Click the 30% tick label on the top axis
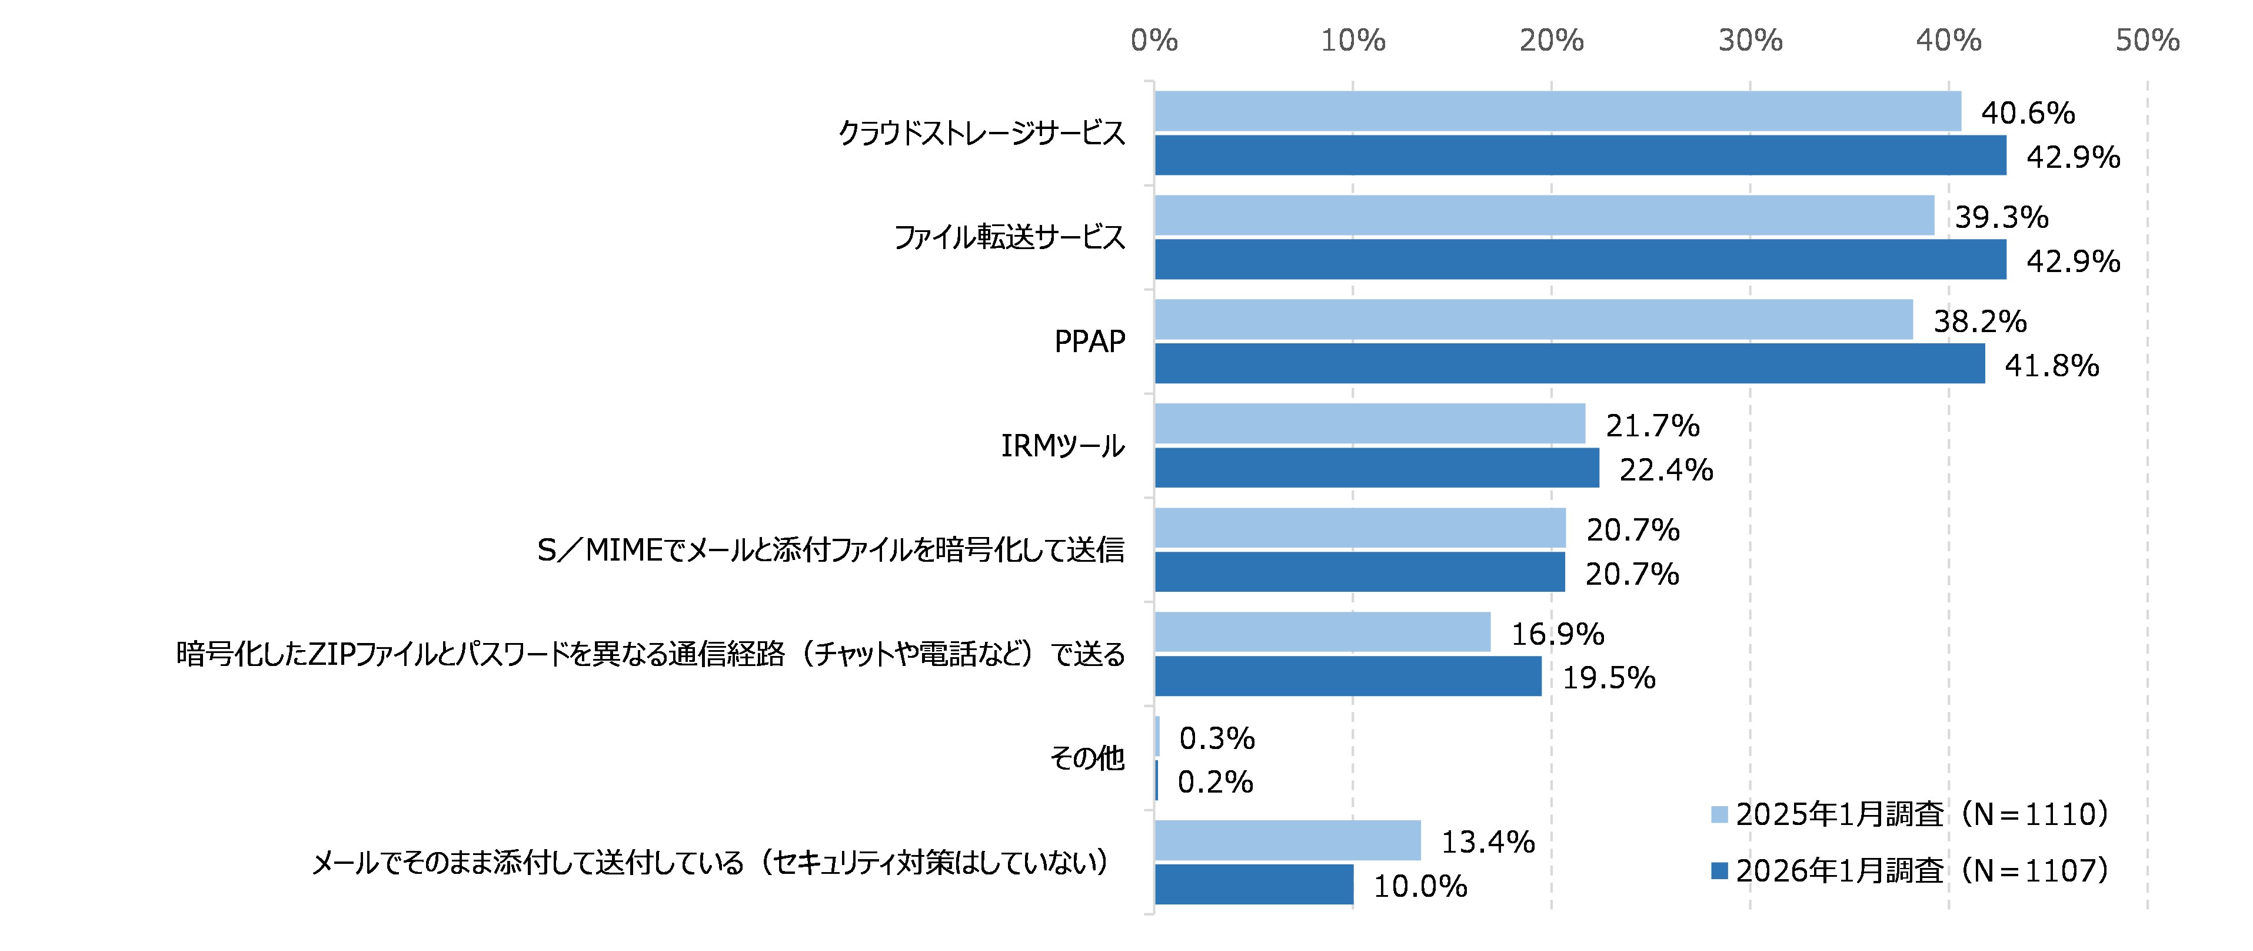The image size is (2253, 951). [x=1750, y=40]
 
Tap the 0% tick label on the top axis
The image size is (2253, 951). [x=1154, y=40]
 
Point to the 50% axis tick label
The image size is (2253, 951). [x=2147, y=40]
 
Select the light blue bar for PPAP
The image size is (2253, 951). [x=1533, y=319]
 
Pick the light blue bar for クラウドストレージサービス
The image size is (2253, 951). [x=1557, y=111]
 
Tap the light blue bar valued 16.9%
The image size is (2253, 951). [x=1322, y=632]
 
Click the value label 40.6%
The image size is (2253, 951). [x=2028, y=113]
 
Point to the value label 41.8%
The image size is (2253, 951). [x=2051, y=365]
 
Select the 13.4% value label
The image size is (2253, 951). [x=1487, y=841]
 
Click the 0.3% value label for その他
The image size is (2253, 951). [x=1217, y=738]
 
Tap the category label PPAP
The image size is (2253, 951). [x=1089, y=341]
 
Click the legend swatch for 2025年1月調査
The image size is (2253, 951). [x=1719, y=814]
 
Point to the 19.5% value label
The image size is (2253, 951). [x=1609, y=678]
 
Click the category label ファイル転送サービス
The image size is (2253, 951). [x=1009, y=237]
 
